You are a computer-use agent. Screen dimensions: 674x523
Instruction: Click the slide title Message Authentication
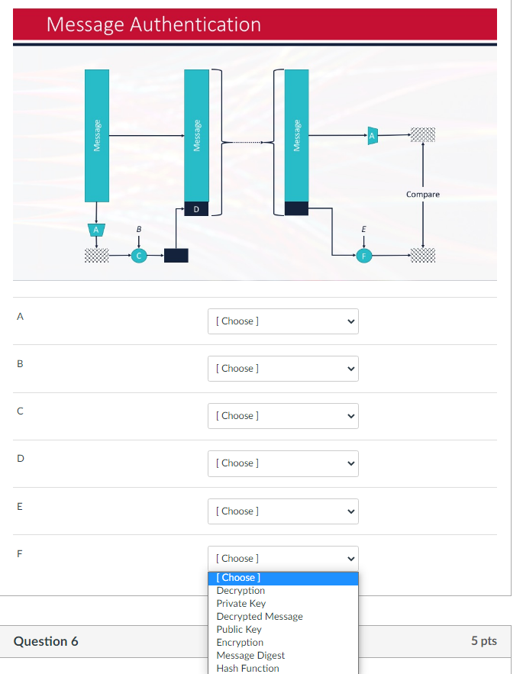coord(153,24)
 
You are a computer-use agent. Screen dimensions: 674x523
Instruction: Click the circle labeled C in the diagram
coord(138,256)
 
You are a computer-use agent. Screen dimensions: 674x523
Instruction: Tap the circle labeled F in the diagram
coord(364,256)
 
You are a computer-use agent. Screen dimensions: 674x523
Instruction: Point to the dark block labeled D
coord(196,209)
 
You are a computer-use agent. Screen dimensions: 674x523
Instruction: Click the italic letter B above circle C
coord(138,229)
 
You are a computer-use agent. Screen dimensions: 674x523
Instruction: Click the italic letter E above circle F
coord(363,229)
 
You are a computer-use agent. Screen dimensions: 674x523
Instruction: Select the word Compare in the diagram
coord(422,195)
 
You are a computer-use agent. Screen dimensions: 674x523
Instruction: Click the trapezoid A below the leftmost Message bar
coord(96,229)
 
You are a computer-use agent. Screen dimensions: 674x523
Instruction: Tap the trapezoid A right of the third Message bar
coord(373,136)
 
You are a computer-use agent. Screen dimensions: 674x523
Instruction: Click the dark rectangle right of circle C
coord(176,256)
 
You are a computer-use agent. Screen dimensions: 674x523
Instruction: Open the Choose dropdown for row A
coord(282,321)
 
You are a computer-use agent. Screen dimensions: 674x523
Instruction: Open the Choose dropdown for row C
coord(282,416)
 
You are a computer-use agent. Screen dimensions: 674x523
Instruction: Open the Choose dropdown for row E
coord(282,511)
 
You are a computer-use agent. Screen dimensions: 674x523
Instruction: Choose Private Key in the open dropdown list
coord(241,604)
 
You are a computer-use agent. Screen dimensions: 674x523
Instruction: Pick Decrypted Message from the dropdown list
coord(260,617)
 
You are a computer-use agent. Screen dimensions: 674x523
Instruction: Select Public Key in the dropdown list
coord(239,630)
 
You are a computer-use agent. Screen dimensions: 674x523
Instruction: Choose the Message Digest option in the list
coord(250,656)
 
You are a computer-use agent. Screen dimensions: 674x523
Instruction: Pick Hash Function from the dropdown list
coord(247,669)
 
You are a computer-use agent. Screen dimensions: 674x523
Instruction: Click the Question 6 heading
coord(46,641)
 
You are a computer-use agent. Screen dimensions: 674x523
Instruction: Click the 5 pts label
coord(483,641)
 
